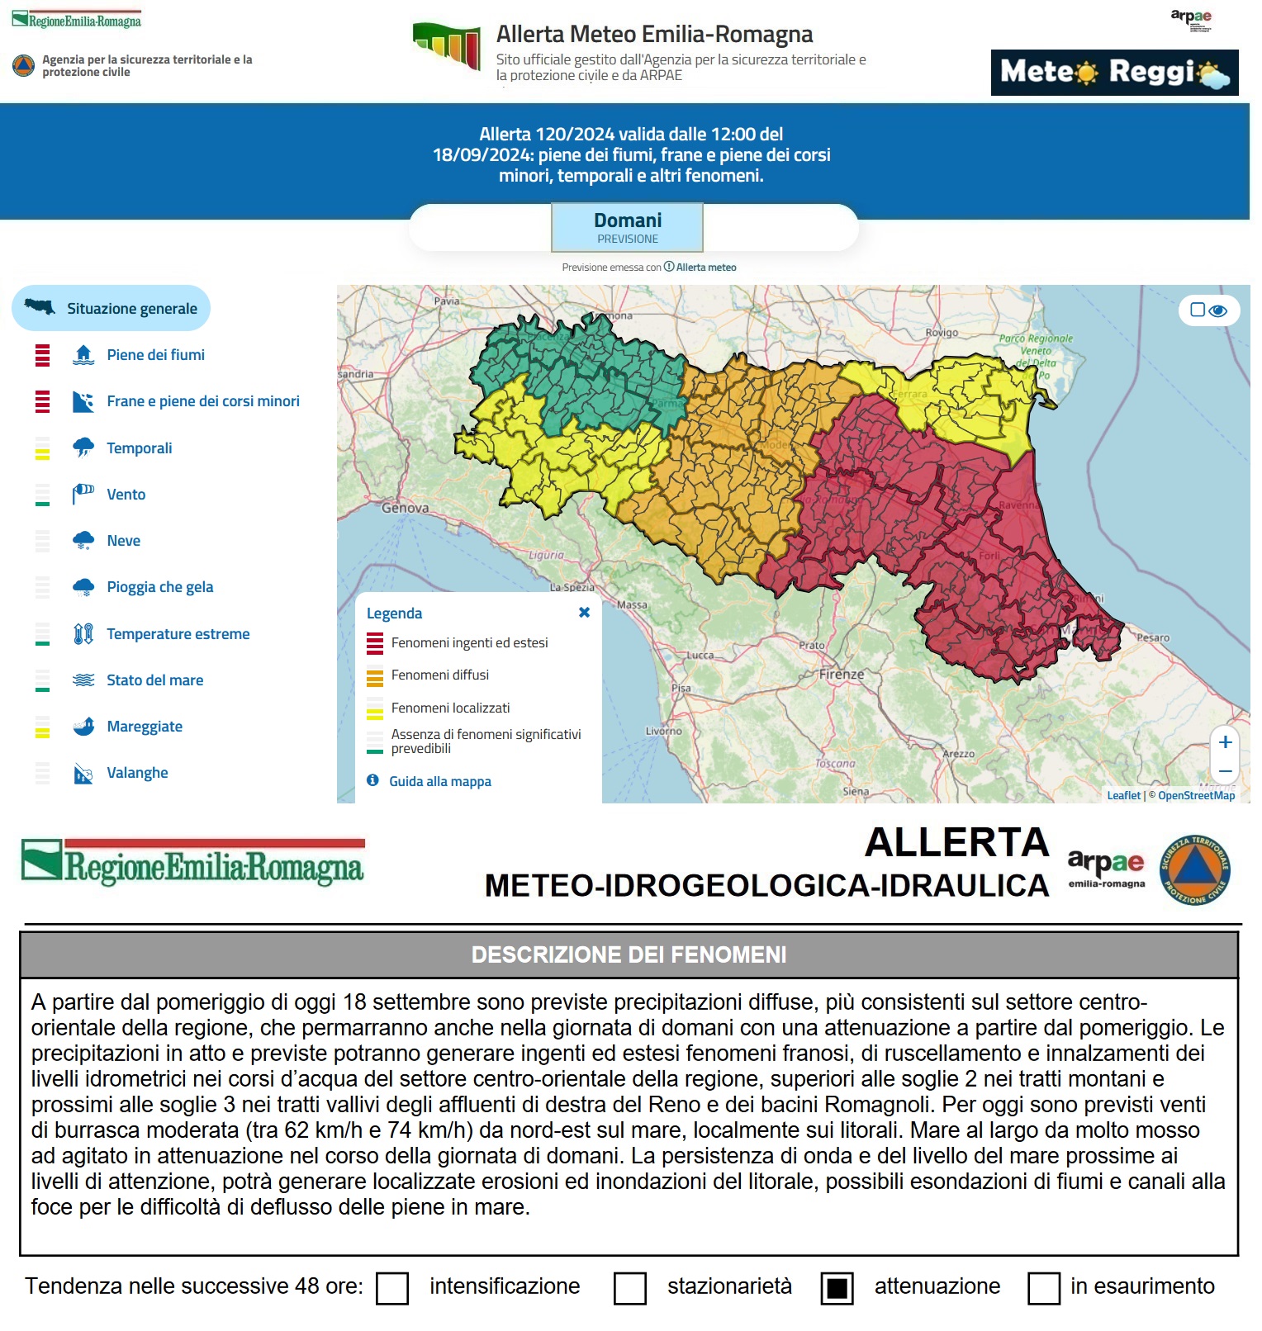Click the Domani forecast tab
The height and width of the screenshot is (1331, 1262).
click(x=627, y=227)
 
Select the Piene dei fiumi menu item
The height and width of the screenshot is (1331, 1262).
click(x=155, y=355)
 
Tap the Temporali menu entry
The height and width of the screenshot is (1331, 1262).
click(x=139, y=448)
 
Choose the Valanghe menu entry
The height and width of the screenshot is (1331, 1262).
click(x=137, y=773)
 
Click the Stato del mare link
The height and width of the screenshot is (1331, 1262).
click(x=154, y=680)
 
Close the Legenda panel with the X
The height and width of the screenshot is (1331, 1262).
click(x=584, y=613)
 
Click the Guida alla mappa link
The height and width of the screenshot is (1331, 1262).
click(x=439, y=781)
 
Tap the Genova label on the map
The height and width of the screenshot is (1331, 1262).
click(x=405, y=508)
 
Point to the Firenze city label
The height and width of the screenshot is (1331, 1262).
click(x=841, y=674)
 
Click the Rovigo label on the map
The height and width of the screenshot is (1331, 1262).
click(x=942, y=333)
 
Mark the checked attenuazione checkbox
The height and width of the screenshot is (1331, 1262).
click(x=837, y=1288)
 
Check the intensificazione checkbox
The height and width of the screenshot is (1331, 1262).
click(x=392, y=1288)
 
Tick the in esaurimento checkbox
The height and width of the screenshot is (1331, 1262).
click(x=1043, y=1288)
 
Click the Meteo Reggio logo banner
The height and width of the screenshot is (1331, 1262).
click(x=1114, y=73)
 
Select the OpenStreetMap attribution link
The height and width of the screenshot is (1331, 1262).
click(x=1196, y=795)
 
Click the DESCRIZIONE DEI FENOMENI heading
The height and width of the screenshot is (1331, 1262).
click(x=629, y=955)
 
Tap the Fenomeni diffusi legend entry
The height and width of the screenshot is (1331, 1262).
click(x=439, y=675)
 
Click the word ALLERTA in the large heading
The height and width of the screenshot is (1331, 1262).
click(x=956, y=843)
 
